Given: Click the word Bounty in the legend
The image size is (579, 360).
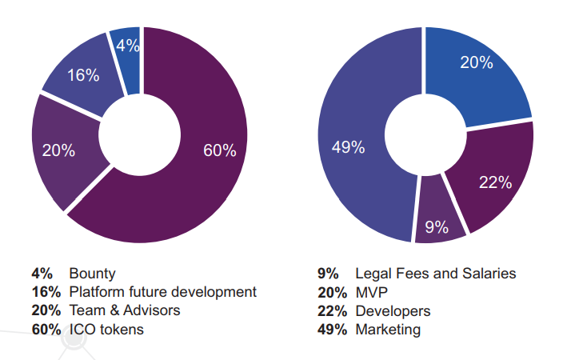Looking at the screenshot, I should click(92, 273).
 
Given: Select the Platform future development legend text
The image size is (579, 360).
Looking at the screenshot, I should click(163, 292).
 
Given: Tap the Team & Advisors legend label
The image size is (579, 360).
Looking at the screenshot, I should click(125, 310).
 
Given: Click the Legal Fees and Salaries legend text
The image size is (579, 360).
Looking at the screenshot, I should click(435, 273).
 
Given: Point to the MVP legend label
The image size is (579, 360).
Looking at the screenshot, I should click(372, 292).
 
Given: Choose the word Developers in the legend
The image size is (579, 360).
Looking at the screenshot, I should click(393, 310).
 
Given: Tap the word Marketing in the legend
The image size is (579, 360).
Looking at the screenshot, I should click(389, 330).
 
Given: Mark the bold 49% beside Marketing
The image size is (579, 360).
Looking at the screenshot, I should click(332, 330).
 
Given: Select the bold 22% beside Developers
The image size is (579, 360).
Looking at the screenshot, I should click(332, 310).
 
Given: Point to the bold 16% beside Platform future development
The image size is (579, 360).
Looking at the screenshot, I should click(46, 292).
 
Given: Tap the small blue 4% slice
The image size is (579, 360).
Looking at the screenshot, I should click(127, 48).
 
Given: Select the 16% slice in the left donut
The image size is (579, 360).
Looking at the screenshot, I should click(83, 76).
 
